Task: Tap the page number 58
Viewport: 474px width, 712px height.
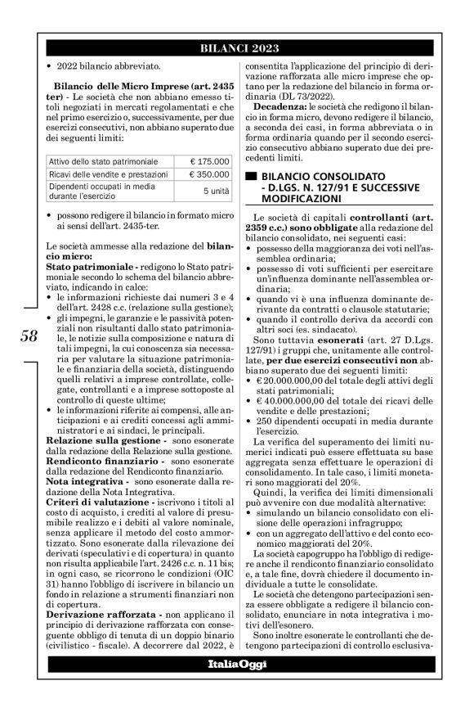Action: click(26, 337)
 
